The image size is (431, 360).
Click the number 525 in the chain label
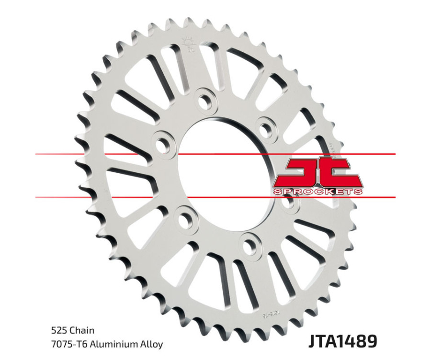58,330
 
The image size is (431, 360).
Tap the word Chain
81,330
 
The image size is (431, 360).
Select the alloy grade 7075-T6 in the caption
67,344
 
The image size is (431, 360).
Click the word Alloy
151,344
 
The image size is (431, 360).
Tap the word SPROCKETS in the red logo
318,191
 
